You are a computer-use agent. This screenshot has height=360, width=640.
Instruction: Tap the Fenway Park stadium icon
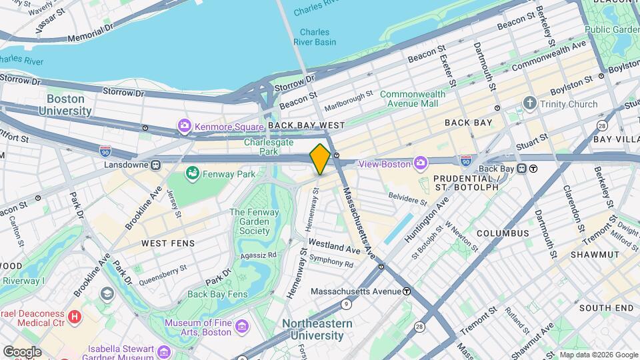(193, 175)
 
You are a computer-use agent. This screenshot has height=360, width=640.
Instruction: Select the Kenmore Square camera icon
(183, 125)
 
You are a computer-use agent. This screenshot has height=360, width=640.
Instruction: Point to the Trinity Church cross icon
(530, 104)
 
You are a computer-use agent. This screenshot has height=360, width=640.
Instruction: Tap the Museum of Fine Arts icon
(241, 327)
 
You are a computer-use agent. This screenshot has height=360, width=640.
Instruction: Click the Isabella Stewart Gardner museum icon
(165, 351)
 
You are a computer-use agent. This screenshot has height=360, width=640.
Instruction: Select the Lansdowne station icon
(155, 164)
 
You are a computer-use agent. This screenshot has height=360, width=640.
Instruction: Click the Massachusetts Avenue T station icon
(406, 291)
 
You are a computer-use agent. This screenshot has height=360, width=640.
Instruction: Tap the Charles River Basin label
(314, 37)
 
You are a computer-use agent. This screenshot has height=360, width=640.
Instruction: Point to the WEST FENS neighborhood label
(168, 243)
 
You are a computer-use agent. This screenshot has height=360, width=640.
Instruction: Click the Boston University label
(69, 104)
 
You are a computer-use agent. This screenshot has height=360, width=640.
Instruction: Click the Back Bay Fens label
(217, 293)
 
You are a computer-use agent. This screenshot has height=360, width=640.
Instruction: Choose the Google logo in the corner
(22, 351)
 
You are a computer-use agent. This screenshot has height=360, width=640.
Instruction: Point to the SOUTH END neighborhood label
(606, 308)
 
